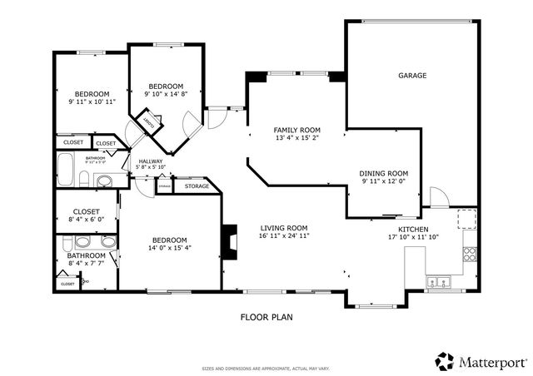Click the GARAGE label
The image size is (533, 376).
[x=411, y=76]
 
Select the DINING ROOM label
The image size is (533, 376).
[x=382, y=173]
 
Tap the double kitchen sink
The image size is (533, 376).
[x=435, y=283]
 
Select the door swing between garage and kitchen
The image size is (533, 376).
[x=437, y=198]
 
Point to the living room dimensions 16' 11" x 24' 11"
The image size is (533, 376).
[x=284, y=236]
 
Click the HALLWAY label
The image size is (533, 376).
[x=151, y=161]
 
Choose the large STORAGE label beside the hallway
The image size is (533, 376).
[x=197, y=186]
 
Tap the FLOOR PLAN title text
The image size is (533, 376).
[x=266, y=316]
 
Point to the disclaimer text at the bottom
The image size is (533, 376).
[x=266, y=369]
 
